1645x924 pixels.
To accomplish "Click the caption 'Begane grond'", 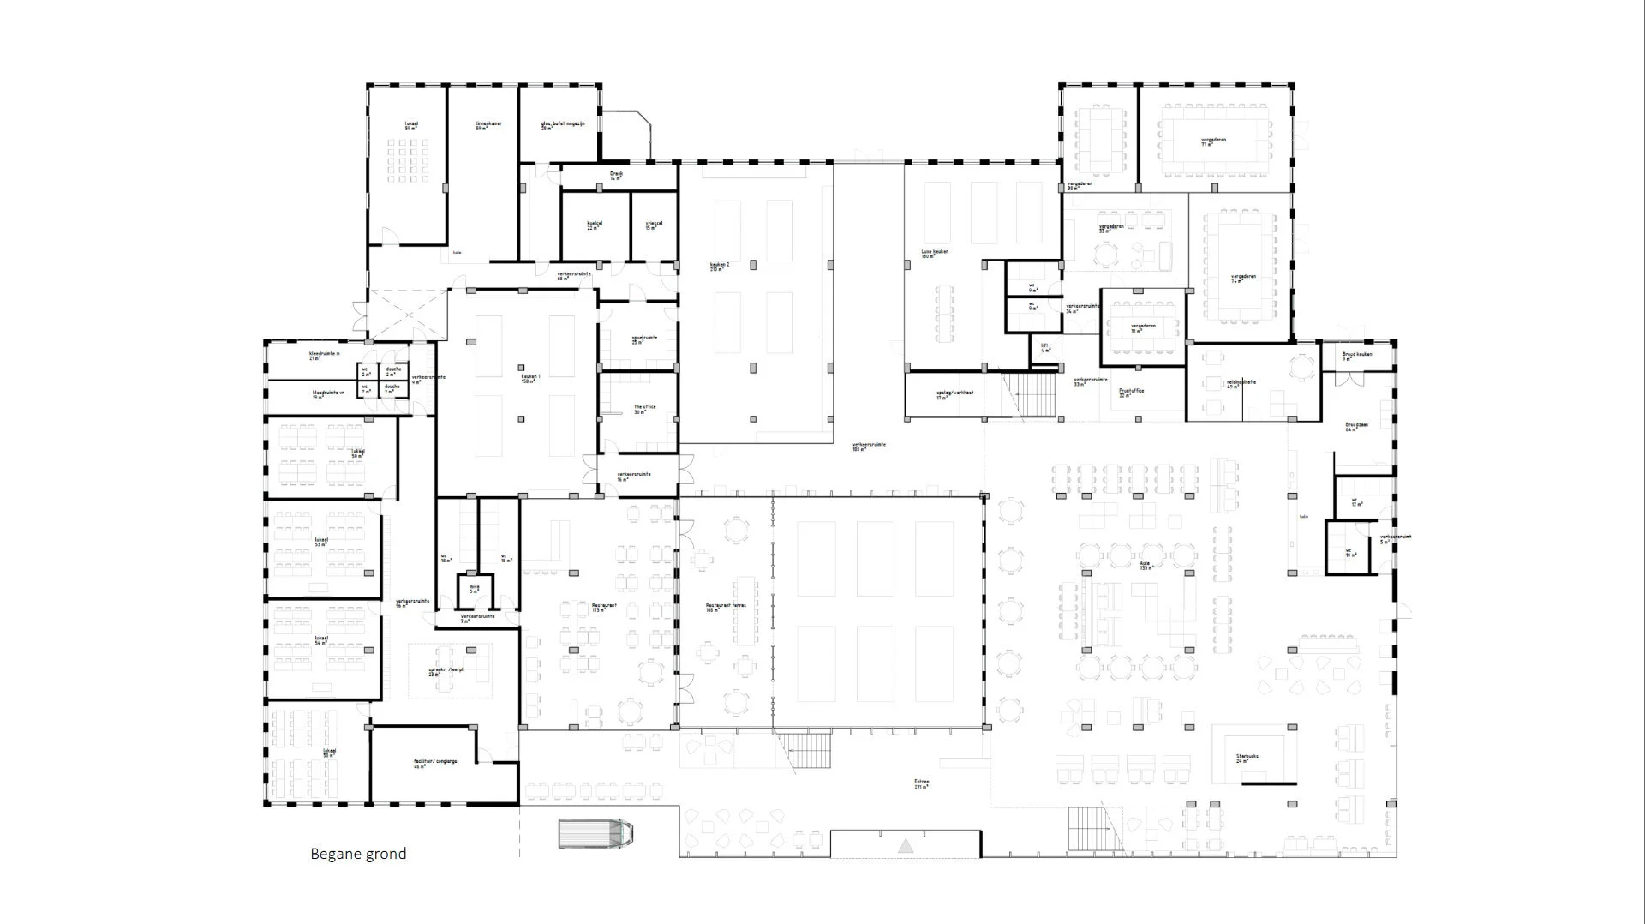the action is (358, 854).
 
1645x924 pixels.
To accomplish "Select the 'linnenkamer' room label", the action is (488, 125).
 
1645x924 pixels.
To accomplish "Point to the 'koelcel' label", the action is (595, 225).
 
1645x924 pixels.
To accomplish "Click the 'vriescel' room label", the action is (654, 225).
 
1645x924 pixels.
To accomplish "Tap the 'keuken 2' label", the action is (720, 266).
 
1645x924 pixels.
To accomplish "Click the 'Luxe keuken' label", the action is (935, 253).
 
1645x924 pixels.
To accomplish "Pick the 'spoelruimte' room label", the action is (644, 339).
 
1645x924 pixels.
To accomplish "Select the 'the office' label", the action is (644, 408).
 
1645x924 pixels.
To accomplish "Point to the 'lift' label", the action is (1045, 347).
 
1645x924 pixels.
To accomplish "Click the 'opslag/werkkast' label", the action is (954, 393).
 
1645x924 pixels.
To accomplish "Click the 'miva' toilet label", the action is (475, 588).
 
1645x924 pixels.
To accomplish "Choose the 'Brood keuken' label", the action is (1357, 355).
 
